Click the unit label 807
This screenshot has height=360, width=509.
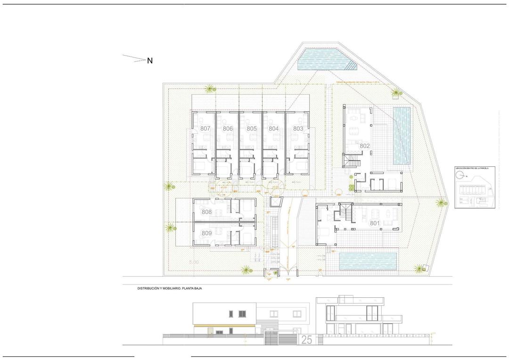pyautogui.click(x=205, y=128)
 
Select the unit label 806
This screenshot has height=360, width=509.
pyautogui.click(x=228, y=128)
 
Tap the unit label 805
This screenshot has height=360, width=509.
pyautogui.click(x=251, y=128)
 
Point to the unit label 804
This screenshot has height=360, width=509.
pyautogui.click(x=274, y=128)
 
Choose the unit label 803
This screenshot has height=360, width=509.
pyautogui.click(x=298, y=128)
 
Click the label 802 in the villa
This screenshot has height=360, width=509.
pyautogui.click(x=365, y=146)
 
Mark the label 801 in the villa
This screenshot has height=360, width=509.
pyautogui.click(x=375, y=223)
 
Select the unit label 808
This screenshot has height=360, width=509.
pyautogui.click(x=206, y=212)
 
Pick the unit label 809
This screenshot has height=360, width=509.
pyautogui.click(x=206, y=233)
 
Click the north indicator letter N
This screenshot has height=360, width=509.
pyautogui.click(x=150, y=61)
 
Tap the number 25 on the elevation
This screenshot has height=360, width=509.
pyautogui.click(x=306, y=340)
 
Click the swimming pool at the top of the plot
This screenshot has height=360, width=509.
pyautogui.click(x=325, y=60)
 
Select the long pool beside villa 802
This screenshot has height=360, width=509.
pyautogui.click(x=402, y=136)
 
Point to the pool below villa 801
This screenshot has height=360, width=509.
pyautogui.click(x=367, y=261)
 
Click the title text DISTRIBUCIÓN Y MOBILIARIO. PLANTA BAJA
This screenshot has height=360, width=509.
pyautogui.click(x=169, y=288)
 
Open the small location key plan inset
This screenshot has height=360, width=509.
pyautogui.click(x=475, y=187)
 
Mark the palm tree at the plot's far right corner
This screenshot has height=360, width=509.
pyautogui.click(x=441, y=203)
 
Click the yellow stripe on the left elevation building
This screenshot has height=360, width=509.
pyautogui.click(x=224, y=326)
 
